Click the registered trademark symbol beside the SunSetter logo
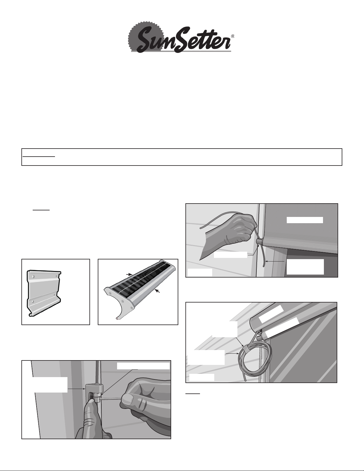(x=233, y=37)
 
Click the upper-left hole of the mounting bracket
(x=33, y=277)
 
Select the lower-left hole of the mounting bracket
(x=33, y=301)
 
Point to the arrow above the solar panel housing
(x=129, y=274)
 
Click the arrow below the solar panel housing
(x=158, y=291)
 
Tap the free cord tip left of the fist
(x=201, y=228)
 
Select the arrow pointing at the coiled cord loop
(x=232, y=354)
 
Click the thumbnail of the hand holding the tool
(x=127, y=398)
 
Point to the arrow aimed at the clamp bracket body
(x=76, y=389)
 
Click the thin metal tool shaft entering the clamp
(x=111, y=398)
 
